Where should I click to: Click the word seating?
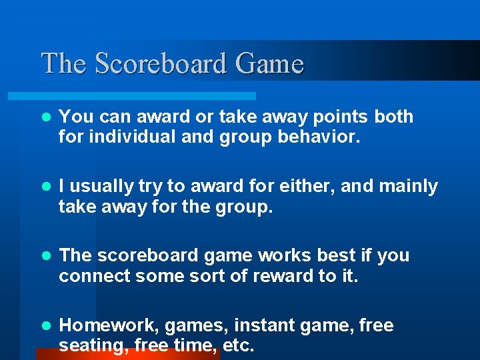tap(91, 347)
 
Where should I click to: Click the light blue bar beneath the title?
tap(147, 97)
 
